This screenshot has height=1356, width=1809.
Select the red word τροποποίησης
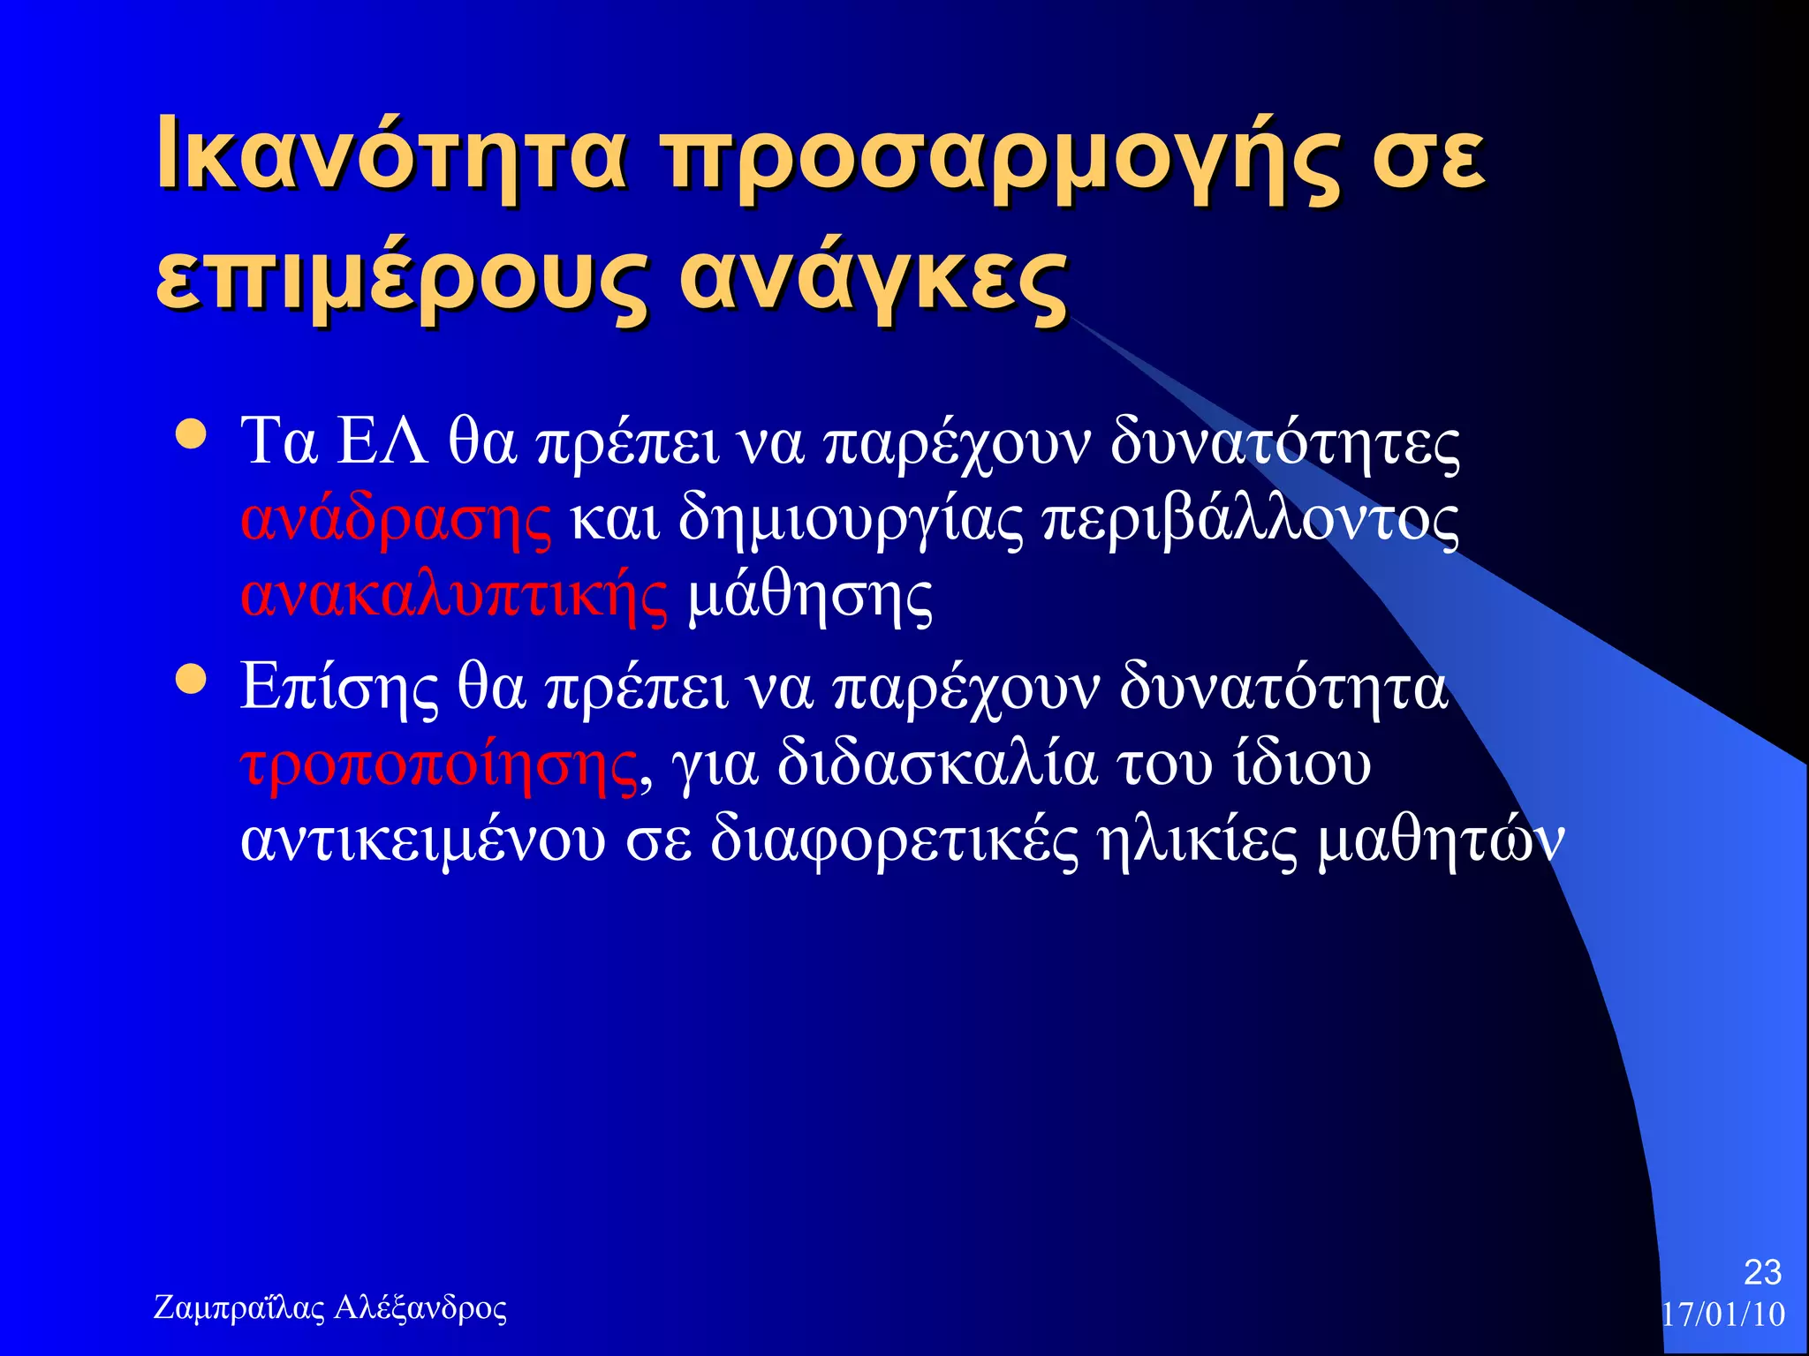tap(439, 765)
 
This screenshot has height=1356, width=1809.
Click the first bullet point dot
tap(191, 433)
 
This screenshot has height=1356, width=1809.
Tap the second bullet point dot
tap(191, 680)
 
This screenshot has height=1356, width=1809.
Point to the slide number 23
tap(1762, 1272)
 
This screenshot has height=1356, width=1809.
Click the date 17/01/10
tap(1723, 1315)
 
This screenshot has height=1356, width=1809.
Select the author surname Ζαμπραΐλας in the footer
tap(239, 1307)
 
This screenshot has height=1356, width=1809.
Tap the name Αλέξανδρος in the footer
tap(421, 1307)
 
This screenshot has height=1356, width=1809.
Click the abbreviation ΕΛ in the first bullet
tap(383, 441)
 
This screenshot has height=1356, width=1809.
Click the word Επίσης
tap(339, 688)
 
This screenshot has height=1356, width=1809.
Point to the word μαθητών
tap(1441, 840)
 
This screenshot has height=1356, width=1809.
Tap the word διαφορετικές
tap(894, 840)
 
